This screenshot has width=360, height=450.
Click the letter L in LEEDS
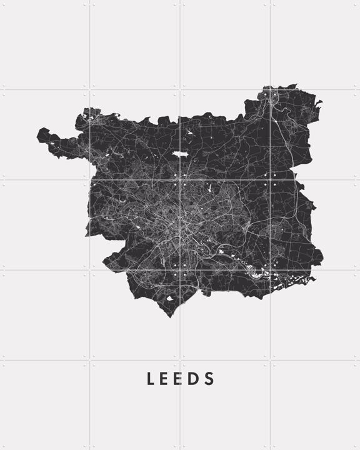point(151,379)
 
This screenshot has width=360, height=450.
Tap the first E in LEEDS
point(166,379)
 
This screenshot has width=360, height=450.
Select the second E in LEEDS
point(181,379)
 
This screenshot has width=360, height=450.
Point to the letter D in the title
point(196,379)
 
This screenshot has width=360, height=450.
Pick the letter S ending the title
point(210,379)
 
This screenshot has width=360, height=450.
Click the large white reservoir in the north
point(180,154)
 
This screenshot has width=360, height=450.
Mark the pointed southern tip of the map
point(169,316)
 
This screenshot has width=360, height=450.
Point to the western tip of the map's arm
point(39,134)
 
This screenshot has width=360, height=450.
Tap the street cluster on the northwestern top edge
point(91,113)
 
